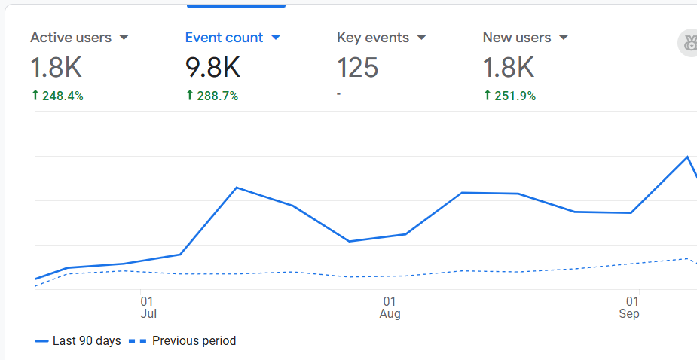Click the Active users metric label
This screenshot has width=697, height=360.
pos(70,38)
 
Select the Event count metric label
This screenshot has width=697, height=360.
pos(224,38)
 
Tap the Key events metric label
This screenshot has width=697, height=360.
pos(372,38)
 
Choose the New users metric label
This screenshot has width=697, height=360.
pos(516,38)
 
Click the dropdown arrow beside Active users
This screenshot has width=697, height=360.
pos(124,38)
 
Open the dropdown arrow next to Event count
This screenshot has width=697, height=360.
pos(275,38)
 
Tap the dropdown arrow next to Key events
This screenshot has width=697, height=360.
pos(421,38)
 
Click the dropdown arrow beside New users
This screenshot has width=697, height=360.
pos(563,38)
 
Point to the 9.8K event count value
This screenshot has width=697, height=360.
pos(212,69)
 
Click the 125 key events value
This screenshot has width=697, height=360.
pos(357,69)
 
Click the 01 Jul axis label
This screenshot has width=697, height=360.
pos(148,307)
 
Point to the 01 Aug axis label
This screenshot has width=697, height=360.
pos(390,307)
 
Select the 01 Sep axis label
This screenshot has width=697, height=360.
pos(630,307)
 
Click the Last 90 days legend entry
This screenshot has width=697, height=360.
pos(78,341)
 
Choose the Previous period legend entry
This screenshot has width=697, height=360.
pos(183,341)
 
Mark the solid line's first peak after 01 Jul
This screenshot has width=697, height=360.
pos(237,188)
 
